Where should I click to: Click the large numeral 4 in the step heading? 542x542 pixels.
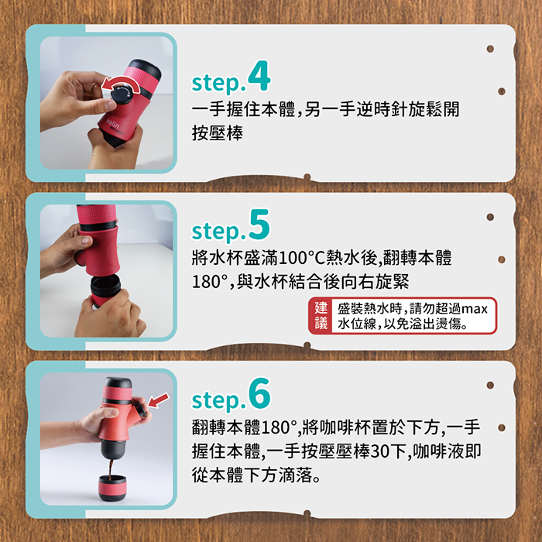point(259,76)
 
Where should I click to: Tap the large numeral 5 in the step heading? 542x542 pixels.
point(259,225)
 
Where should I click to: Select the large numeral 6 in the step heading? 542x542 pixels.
point(259,393)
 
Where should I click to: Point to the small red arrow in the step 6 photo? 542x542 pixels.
point(158,400)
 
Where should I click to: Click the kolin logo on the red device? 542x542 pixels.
point(112,123)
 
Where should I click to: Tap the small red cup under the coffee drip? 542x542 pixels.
point(112,488)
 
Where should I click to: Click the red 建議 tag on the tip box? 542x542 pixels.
point(321,316)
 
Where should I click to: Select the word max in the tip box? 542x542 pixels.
point(474,309)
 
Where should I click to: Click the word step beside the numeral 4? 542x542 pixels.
point(218,83)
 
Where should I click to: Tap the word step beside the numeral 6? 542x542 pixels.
point(218,400)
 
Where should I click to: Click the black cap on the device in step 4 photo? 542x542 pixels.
point(146,69)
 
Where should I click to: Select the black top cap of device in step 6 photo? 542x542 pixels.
point(118,382)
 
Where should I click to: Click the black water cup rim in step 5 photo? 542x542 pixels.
point(106,283)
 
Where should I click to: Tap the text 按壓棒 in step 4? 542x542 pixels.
point(218,133)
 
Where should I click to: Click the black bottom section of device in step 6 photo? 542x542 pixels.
point(113,449)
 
